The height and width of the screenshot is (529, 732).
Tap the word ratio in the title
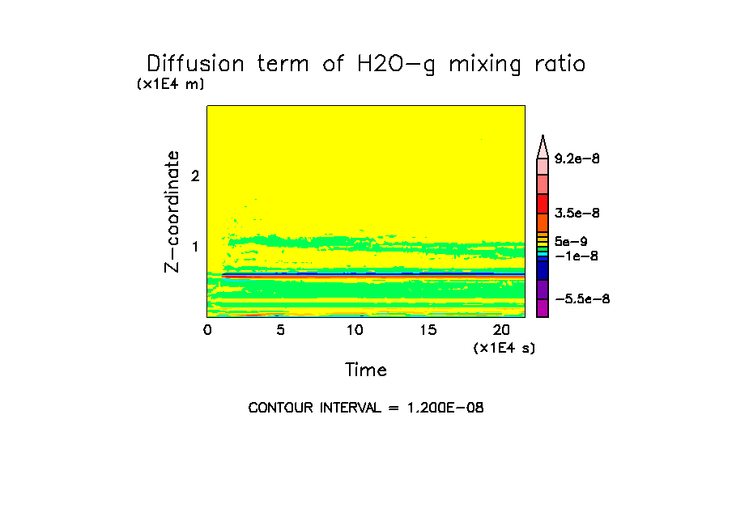point(555,64)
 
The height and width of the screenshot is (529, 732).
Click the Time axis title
point(366,370)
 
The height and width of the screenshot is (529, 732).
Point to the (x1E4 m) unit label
point(170,84)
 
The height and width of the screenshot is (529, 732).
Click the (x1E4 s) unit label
point(504,348)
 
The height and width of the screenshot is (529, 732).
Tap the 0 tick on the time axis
point(207,330)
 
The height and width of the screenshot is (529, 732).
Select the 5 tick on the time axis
point(281,330)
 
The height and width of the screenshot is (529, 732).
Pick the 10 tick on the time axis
point(355,330)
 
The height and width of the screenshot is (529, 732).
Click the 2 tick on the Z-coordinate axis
point(194,176)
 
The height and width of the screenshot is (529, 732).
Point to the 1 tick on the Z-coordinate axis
point(194,247)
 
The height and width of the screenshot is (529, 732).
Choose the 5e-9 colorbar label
point(571,241)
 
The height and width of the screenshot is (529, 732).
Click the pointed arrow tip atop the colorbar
point(543,142)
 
